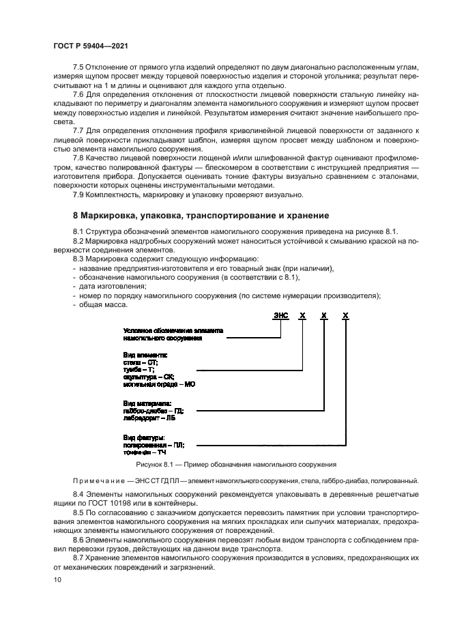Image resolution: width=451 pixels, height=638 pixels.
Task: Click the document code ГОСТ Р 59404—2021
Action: point(91,45)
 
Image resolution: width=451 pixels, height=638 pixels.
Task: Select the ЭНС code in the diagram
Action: point(280,316)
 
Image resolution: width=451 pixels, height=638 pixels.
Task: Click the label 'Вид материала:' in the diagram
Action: point(147,403)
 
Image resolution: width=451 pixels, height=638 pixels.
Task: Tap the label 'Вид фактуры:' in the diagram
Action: point(144,437)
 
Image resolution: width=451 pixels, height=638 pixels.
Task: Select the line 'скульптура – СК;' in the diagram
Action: point(149,376)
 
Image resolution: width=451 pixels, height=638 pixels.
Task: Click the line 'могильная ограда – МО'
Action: point(159,384)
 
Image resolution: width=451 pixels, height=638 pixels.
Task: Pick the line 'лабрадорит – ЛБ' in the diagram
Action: point(149,419)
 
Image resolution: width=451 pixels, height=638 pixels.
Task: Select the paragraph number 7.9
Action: point(78,194)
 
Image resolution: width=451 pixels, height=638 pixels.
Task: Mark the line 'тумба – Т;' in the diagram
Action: point(139,368)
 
